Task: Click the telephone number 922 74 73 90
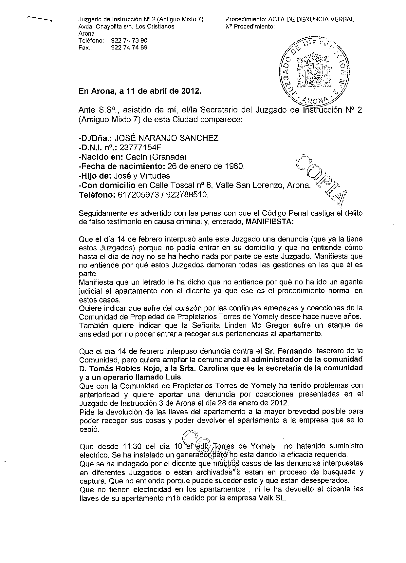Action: (x=129, y=41)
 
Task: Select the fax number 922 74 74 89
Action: (x=129, y=48)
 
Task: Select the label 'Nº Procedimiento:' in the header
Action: (x=250, y=27)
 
